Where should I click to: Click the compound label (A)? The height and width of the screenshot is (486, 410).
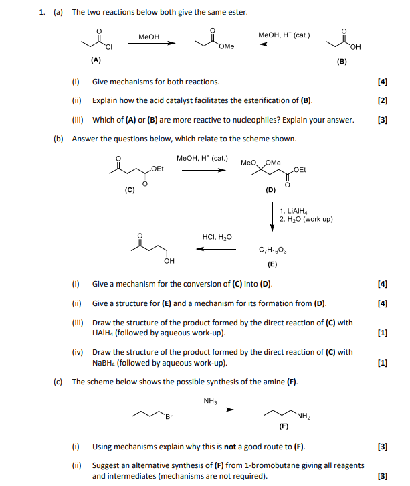(96, 60)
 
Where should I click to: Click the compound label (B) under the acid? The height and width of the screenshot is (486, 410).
(342, 62)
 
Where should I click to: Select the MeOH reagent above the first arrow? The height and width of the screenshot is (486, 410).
(148, 37)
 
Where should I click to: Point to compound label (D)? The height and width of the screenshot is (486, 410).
(270, 190)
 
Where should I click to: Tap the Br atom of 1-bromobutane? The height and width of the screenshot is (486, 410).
(169, 418)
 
